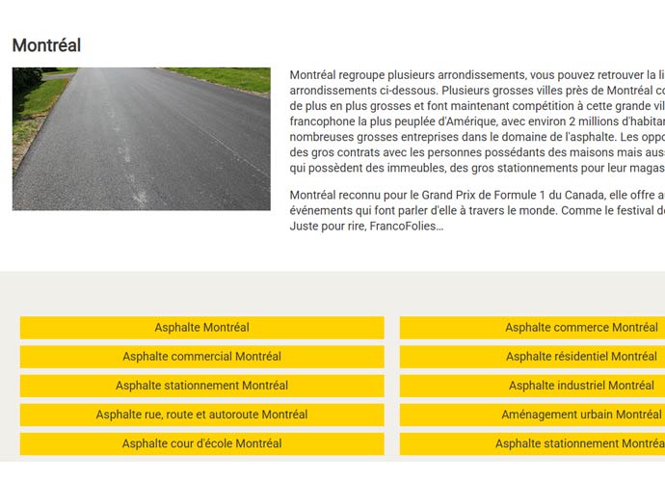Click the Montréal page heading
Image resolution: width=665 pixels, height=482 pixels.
pos(46,45)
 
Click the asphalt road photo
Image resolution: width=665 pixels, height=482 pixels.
pos(141,138)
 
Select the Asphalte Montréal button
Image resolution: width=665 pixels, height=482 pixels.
pos(201,328)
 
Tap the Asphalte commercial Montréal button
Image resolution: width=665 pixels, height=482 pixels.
pos(201,357)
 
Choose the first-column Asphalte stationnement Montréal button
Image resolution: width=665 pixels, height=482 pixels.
pos(201,386)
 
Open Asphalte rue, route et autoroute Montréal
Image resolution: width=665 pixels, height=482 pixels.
pos(201,415)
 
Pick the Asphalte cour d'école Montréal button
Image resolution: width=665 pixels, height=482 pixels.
pos(201,443)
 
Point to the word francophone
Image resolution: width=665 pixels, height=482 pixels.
pos(323,121)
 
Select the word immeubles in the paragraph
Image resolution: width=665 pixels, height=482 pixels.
pos(413,168)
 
